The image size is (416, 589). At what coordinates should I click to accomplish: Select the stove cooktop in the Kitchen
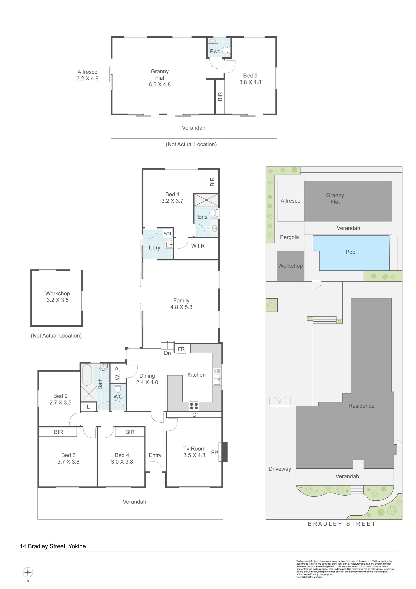coord(194,406)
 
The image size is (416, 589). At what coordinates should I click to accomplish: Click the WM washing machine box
coord(167,234)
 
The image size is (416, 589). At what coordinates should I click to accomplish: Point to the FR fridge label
coord(181,349)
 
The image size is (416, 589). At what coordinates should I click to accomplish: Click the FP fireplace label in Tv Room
coord(214,453)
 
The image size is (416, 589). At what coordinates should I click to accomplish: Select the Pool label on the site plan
coord(351,252)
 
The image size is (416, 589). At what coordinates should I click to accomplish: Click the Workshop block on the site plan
coord(290,266)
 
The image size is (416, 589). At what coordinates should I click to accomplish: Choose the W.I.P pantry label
coord(118,373)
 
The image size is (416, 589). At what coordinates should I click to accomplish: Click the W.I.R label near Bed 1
coord(198,246)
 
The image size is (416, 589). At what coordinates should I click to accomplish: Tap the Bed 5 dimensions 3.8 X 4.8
coord(250,82)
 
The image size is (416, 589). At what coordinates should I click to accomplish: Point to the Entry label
coord(155,455)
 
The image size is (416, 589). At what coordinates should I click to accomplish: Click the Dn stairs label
coord(167,353)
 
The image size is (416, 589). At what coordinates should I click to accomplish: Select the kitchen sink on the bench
coord(217,377)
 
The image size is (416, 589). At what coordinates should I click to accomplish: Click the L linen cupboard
coord(89,407)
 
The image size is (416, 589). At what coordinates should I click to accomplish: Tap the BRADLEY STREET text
coord(342,524)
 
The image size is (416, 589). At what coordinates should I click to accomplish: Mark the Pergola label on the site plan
coord(289,237)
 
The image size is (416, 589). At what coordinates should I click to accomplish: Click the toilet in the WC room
coord(118,388)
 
